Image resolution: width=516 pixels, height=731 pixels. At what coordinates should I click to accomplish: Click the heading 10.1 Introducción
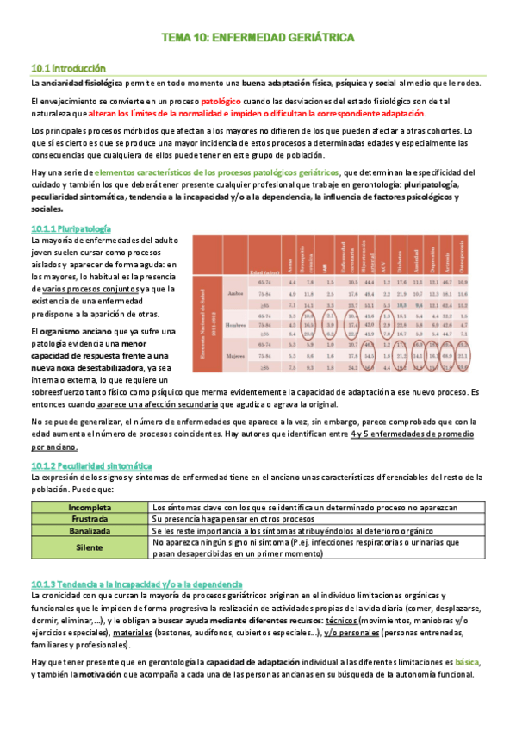coord(68,67)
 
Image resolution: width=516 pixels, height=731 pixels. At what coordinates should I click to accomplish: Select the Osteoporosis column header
coord(488,256)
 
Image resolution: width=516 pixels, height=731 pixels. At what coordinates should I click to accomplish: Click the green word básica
coord(466,662)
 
